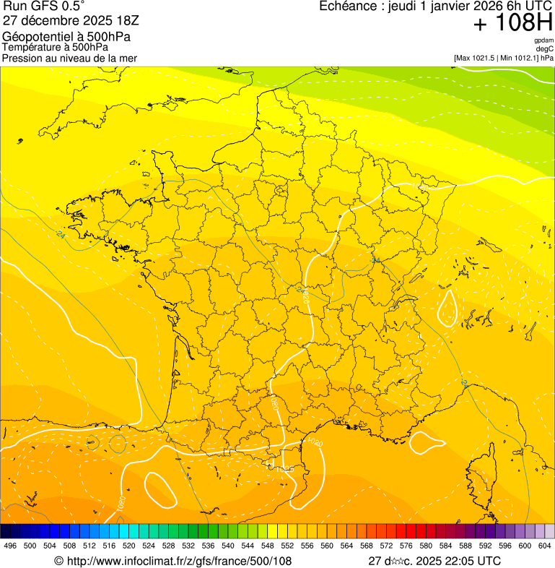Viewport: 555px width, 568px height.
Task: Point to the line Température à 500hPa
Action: [61, 48]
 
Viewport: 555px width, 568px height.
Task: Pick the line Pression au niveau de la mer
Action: [69, 58]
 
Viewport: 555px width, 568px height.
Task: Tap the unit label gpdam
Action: [543, 40]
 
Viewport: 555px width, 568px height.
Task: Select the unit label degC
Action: [545, 48]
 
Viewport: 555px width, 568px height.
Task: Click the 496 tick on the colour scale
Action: [10, 546]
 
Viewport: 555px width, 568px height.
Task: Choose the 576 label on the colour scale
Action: [406, 546]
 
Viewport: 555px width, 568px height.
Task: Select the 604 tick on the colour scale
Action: [545, 546]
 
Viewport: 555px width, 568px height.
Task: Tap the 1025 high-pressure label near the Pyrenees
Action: [283, 468]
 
